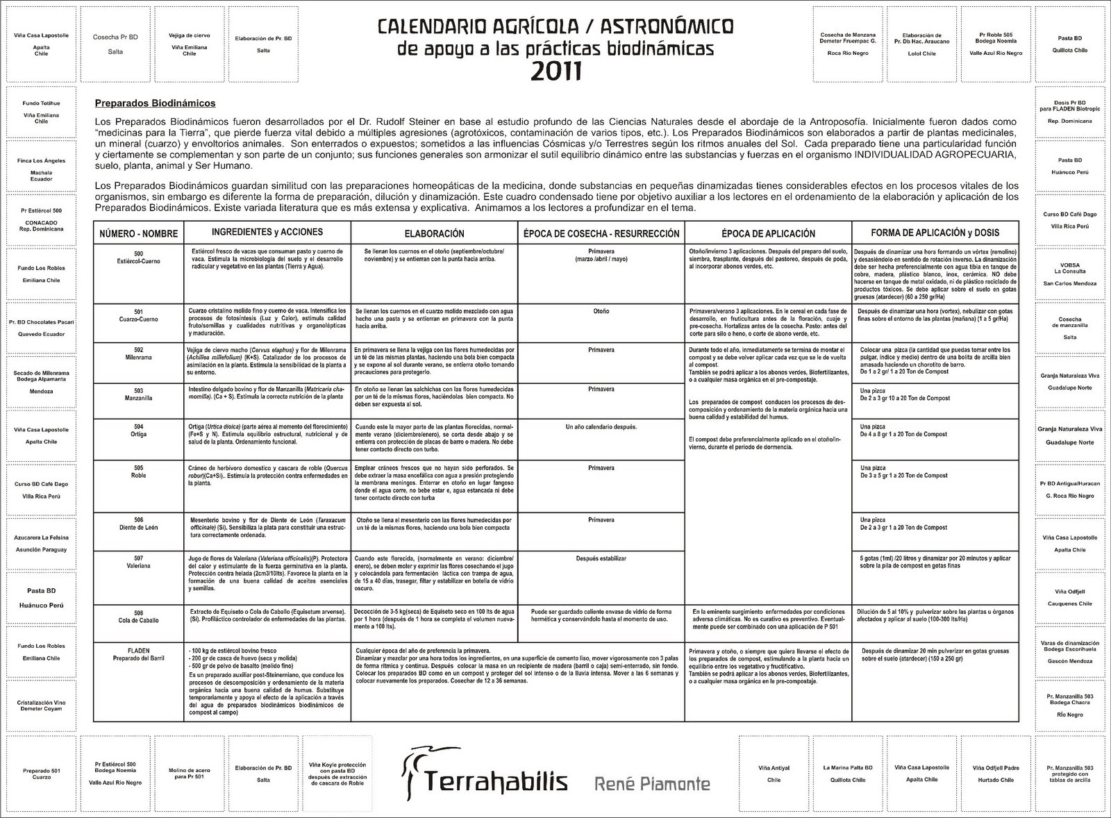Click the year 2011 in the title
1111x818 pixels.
coord(555,71)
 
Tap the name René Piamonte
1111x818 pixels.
coord(652,784)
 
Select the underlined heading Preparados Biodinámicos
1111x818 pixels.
coord(155,103)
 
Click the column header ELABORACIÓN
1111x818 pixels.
coord(434,234)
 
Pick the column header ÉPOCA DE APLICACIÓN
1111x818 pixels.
coord(767,234)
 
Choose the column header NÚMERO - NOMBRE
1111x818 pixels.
coord(137,234)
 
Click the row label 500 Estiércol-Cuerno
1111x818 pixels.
coord(137,258)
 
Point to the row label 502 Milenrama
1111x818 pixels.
coord(137,354)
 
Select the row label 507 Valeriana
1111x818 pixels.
coord(137,562)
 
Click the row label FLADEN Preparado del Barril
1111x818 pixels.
coord(137,654)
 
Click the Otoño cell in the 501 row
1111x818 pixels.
coord(601,312)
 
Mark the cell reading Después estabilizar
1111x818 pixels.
coord(601,558)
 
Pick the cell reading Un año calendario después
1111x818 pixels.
coord(601,426)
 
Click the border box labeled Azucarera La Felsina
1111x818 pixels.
coord(41,543)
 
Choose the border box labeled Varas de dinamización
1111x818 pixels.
coord(1069,652)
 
